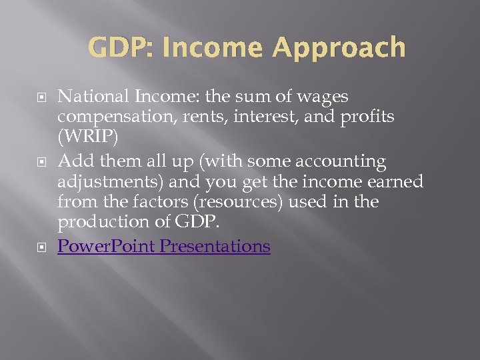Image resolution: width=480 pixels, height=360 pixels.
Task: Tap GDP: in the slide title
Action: [117, 48]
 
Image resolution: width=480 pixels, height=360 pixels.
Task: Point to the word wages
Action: [322, 97]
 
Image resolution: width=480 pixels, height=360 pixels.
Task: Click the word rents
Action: [191, 117]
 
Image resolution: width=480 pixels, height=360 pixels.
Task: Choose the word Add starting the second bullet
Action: [72, 161]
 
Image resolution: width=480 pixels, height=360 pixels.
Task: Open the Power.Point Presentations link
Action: [164, 246]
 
